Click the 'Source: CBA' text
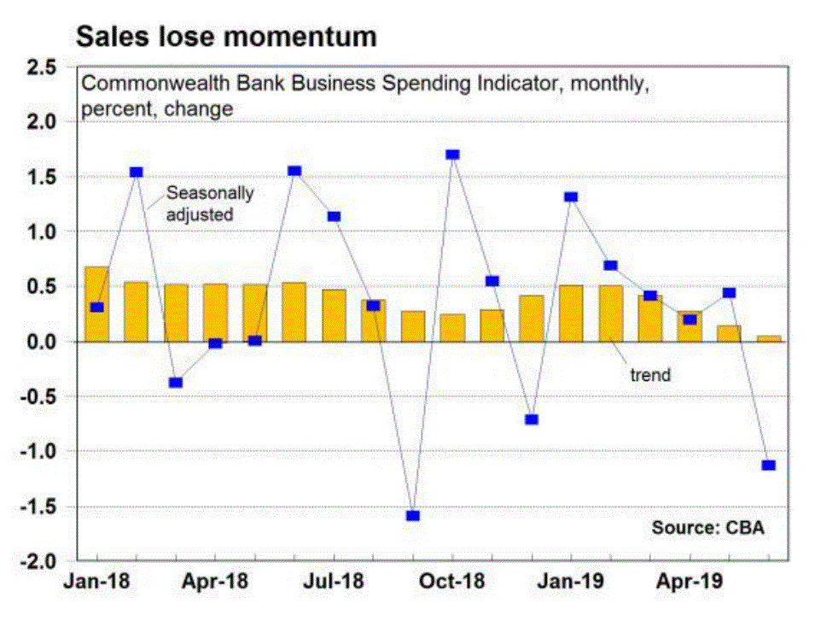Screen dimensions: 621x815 tap(708, 527)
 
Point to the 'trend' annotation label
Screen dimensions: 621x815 tap(650, 373)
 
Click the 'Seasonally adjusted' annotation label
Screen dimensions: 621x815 tap(210, 203)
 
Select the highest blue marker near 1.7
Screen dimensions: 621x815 tap(452, 155)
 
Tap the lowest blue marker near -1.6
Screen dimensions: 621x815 tap(413, 516)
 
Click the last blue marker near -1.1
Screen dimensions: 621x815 tap(768, 466)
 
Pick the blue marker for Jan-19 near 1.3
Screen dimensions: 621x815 tap(571, 197)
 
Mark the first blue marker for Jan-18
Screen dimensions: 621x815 tap(97, 308)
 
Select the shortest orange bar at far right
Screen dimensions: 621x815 tap(768, 338)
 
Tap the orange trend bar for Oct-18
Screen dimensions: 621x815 tap(452, 328)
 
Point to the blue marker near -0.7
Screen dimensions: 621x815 tap(532, 419)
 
